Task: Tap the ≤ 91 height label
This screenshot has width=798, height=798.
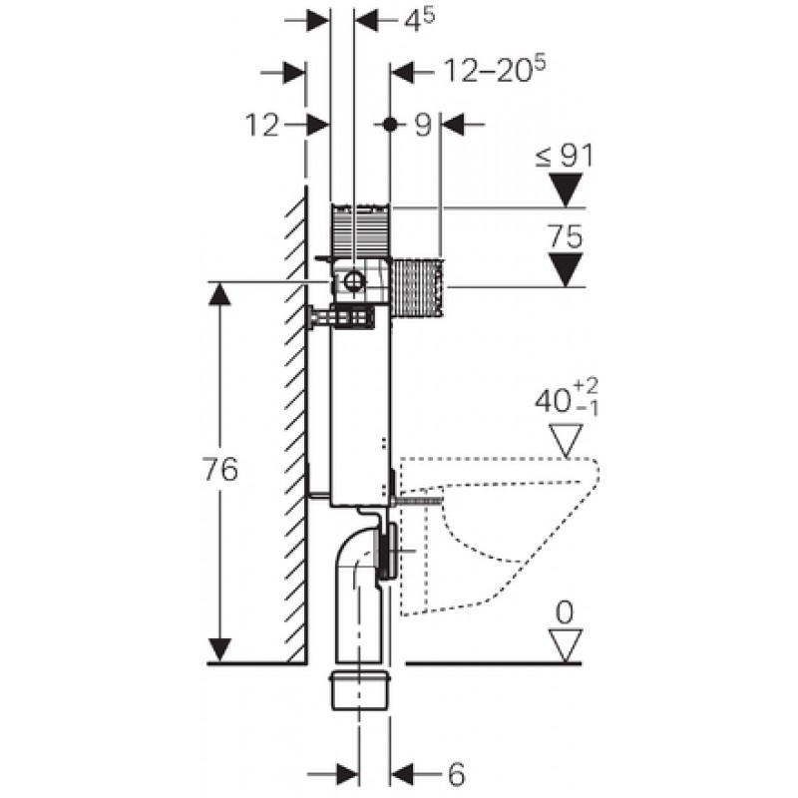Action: tap(564, 155)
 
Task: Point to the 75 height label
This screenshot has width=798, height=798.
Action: tap(566, 237)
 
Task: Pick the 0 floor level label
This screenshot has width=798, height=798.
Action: tap(566, 612)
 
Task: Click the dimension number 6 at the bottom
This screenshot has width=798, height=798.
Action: tap(456, 773)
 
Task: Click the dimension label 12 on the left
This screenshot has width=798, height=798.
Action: tap(262, 125)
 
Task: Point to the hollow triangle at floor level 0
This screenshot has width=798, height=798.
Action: tap(566, 645)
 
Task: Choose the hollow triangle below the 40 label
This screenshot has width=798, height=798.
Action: tap(566, 440)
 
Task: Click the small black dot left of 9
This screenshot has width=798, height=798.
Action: tap(390, 125)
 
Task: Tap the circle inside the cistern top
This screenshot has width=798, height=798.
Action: tap(352, 282)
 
